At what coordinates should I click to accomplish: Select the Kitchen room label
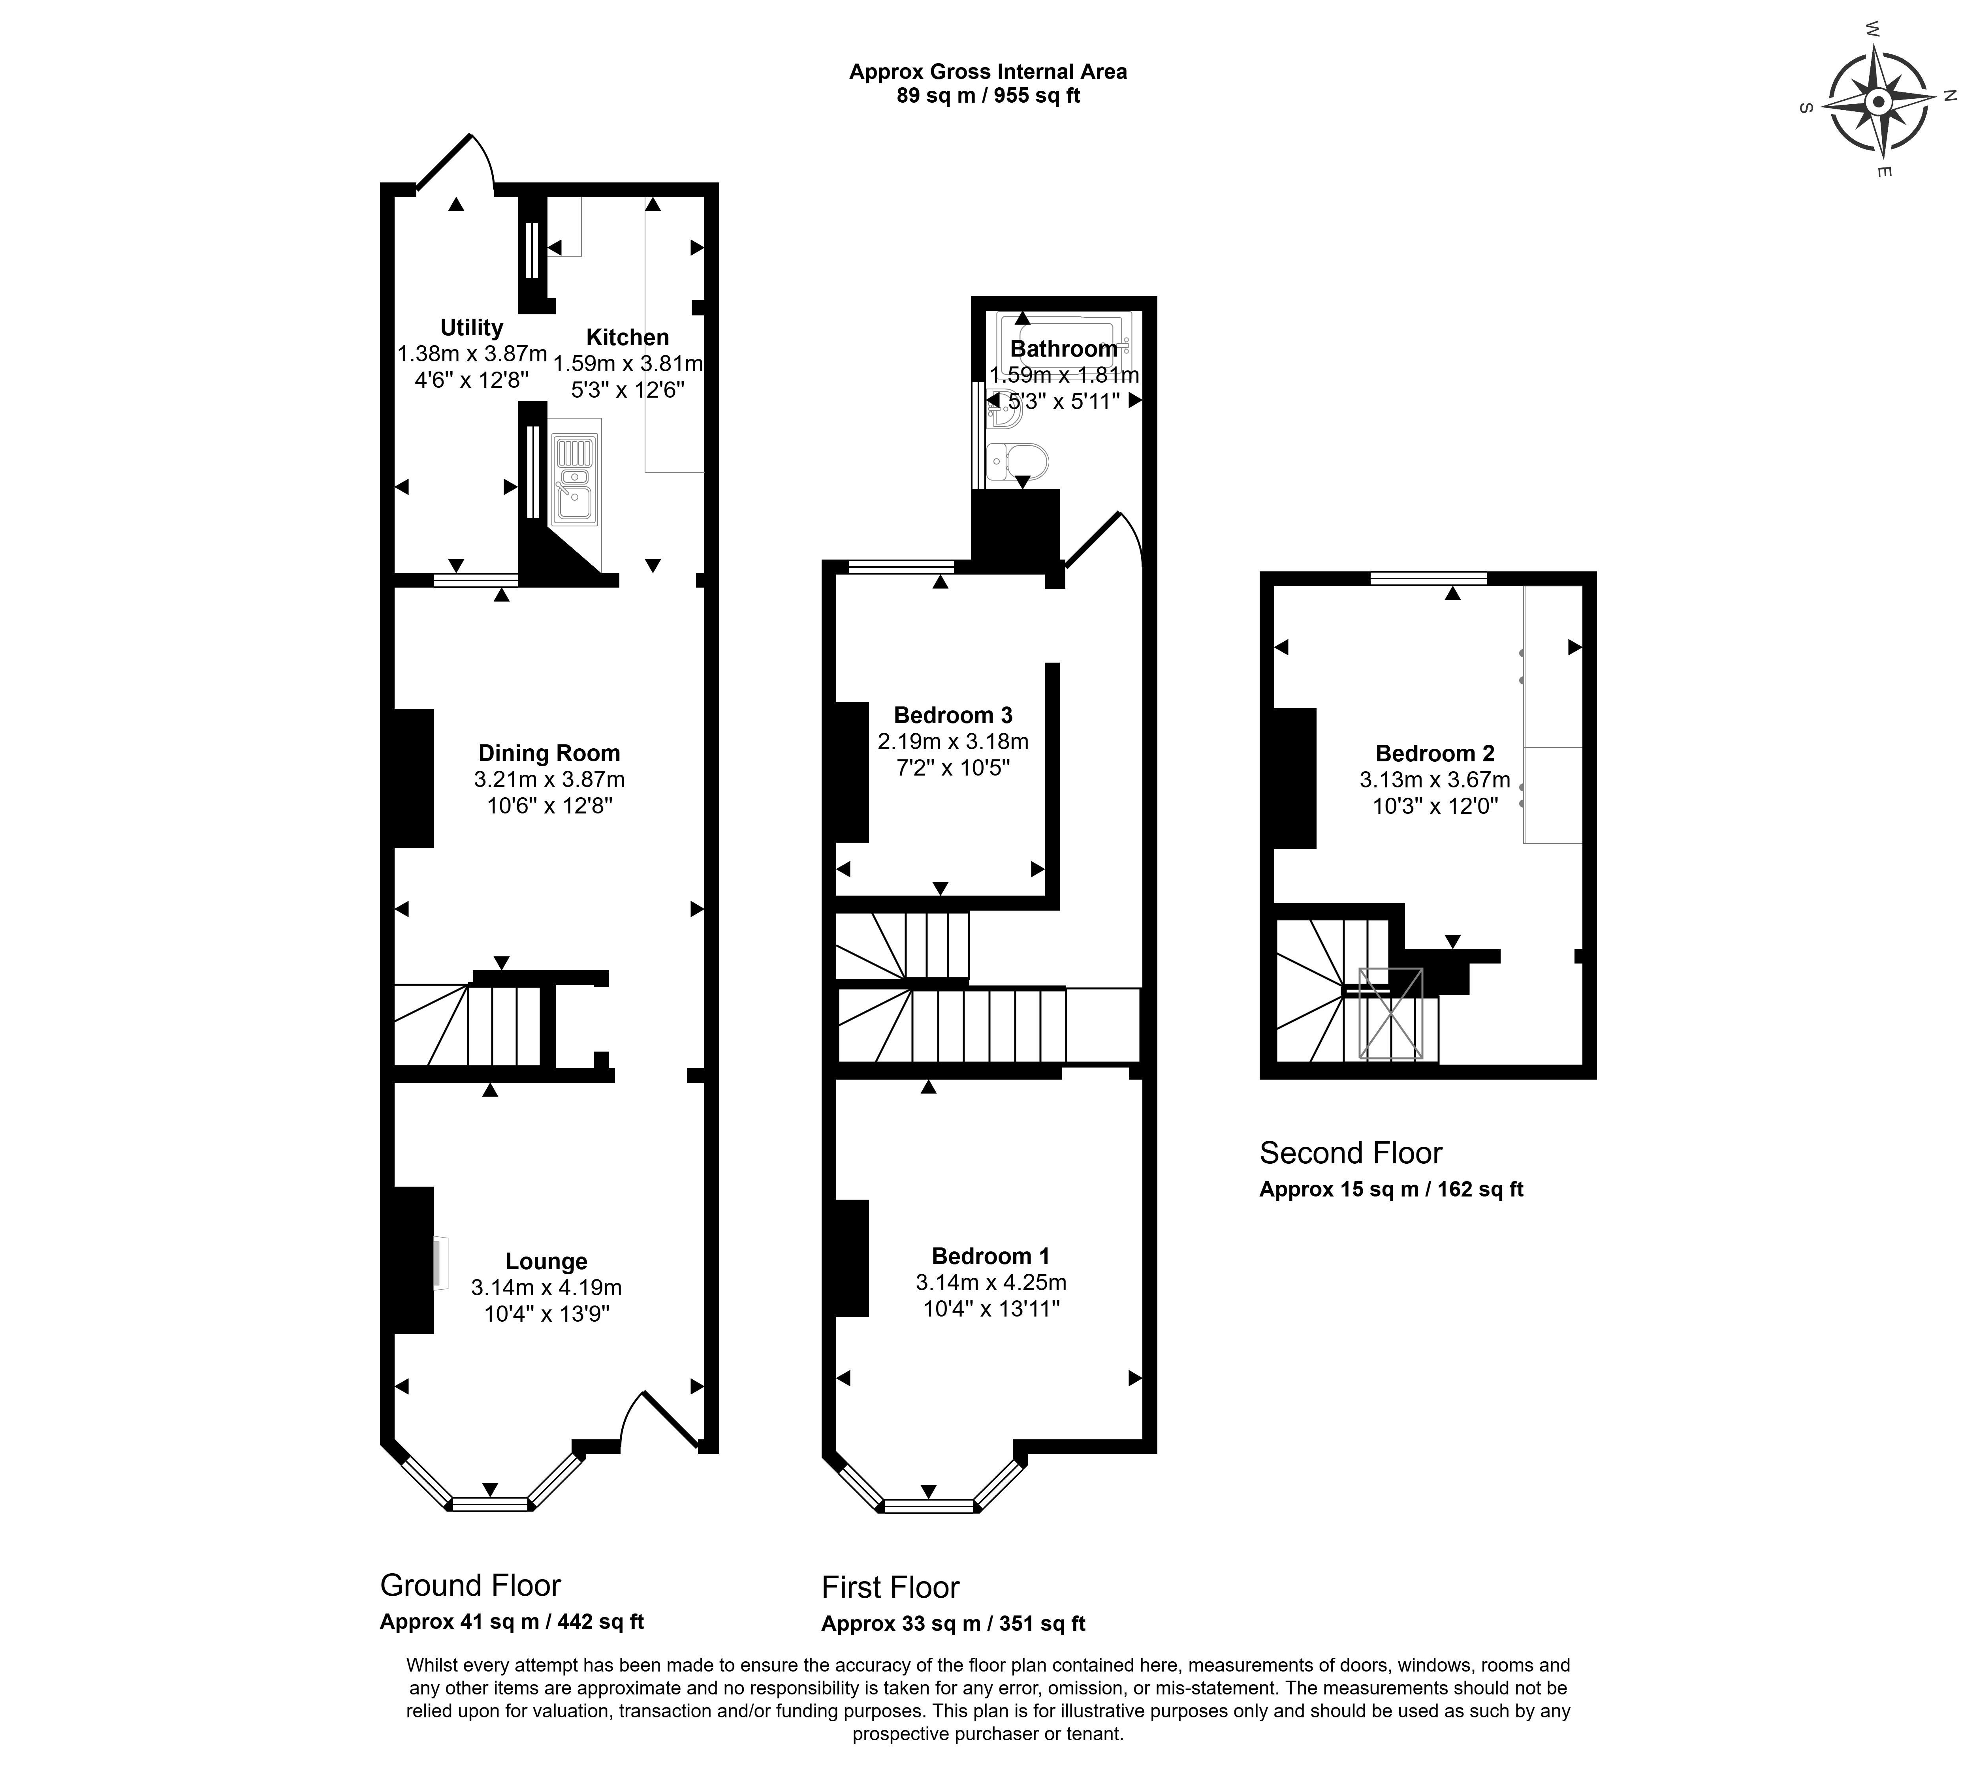pyautogui.click(x=627, y=338)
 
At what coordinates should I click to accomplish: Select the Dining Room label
pyautogui.click(x=549, y=753)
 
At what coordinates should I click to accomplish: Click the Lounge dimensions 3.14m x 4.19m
pyautogui.click(x=546, y=1287)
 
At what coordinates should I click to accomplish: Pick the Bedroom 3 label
pyautogui.click(x=953, y=715)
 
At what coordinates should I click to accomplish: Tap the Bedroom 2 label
pyautogui.click(x=1435, y=753)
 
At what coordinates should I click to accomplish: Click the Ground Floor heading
pyautogui.click(x=470, y=1586)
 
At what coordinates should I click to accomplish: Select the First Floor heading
pyautogui.click(x=890, y=1588)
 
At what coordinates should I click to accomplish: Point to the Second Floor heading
pyautogui.click(x=1351, y=1153)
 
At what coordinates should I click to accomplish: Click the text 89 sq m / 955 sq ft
pyautogui.click(x=988, y=96)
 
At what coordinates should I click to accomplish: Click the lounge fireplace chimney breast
pyautogui.click(x=412, y=1260)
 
